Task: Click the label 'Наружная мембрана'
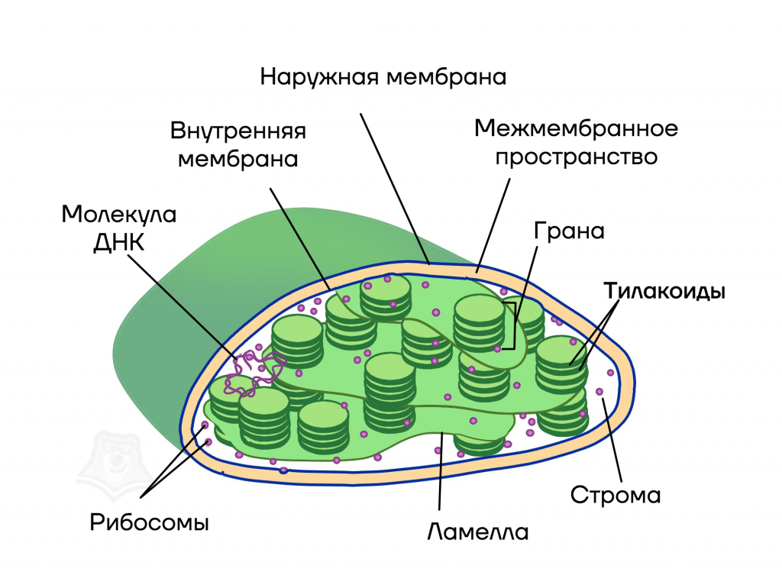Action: click(x=383, y=78)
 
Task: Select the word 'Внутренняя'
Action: click(x=238, y=131)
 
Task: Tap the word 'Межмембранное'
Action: click(x=576, y=128)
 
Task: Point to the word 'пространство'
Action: click(x=576, y=157)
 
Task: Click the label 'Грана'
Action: click(x=569, y=231)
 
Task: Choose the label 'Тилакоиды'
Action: click(x=664, y=291)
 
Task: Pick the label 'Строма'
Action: click(x=616, y=495)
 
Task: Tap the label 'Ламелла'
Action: click(x=478, y=532)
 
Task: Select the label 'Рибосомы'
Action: click(x=149, y=522)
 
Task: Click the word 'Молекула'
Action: click(x=119, y=215)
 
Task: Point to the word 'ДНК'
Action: click(x=119, y=243)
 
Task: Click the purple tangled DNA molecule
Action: click(x=254, y=373)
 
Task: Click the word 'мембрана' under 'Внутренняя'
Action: click(x=238, y=160)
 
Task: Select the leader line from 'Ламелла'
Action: click(x=441, y=471)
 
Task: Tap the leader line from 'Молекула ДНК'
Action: click(x=183, y=307)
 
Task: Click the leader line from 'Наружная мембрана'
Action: click(x=395, y=189)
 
